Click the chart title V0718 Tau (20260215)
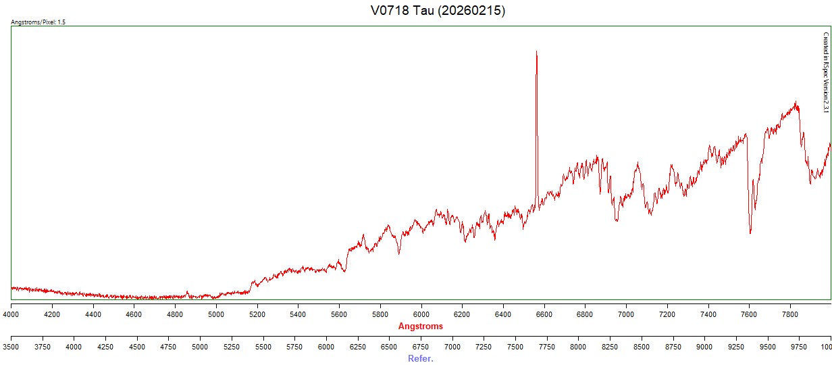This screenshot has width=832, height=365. coord(438,11)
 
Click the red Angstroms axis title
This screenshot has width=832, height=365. coord(421,326)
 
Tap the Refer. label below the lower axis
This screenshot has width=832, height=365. coord(421,359)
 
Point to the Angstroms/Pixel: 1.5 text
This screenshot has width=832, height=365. coord(38,22)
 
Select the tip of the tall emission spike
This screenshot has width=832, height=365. coord(536,51)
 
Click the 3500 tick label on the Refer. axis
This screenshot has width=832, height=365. coord(11,347)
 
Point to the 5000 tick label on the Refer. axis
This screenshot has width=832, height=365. coord(200,347)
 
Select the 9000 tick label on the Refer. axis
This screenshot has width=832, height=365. coord(704,347)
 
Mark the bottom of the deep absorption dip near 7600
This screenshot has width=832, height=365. coord(750,233)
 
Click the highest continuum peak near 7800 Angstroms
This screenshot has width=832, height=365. coord(796,103)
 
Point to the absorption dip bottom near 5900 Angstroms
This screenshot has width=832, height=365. coord(399,253)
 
